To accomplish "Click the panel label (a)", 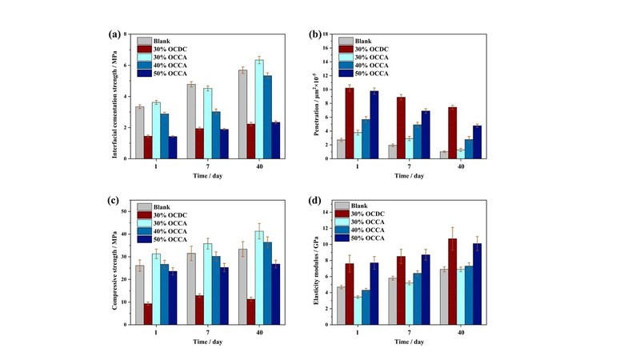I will [115, 34].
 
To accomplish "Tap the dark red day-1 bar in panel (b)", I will [350, 123].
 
